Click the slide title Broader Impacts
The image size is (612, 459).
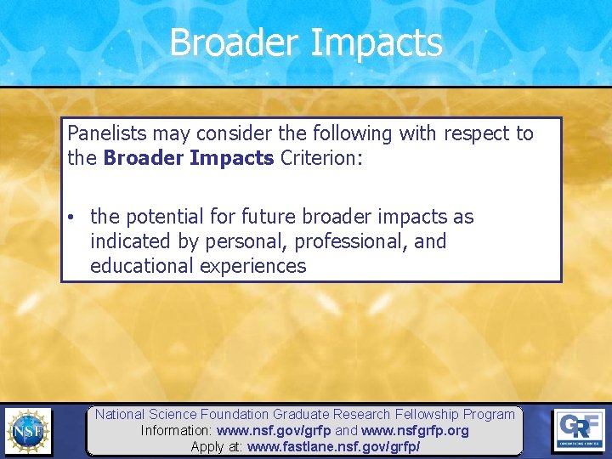(306, 42)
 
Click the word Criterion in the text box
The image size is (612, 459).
(314, 159)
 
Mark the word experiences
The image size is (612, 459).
(252, 266)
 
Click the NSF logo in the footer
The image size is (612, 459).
(28, 431)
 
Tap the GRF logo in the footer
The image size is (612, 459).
(580, 430)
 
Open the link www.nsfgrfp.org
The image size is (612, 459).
(415, 431)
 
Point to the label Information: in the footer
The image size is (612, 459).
(177, 431)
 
